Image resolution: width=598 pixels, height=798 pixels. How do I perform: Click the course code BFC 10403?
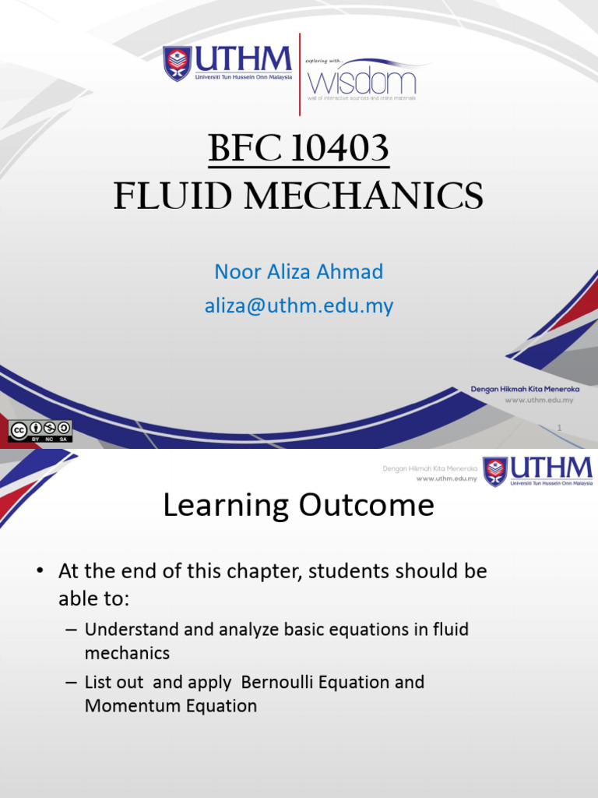click(299, 149)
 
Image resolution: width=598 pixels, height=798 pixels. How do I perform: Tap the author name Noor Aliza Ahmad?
click(299, 272)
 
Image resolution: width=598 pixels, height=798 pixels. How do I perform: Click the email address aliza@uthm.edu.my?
click(299, 306)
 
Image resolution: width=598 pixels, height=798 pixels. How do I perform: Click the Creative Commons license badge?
click(40, 431)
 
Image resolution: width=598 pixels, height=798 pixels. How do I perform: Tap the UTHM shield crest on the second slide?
click(495, 471)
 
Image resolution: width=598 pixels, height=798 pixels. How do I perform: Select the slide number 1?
click(560, 426)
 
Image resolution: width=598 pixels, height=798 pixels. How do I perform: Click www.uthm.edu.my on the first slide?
click(539, 400)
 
